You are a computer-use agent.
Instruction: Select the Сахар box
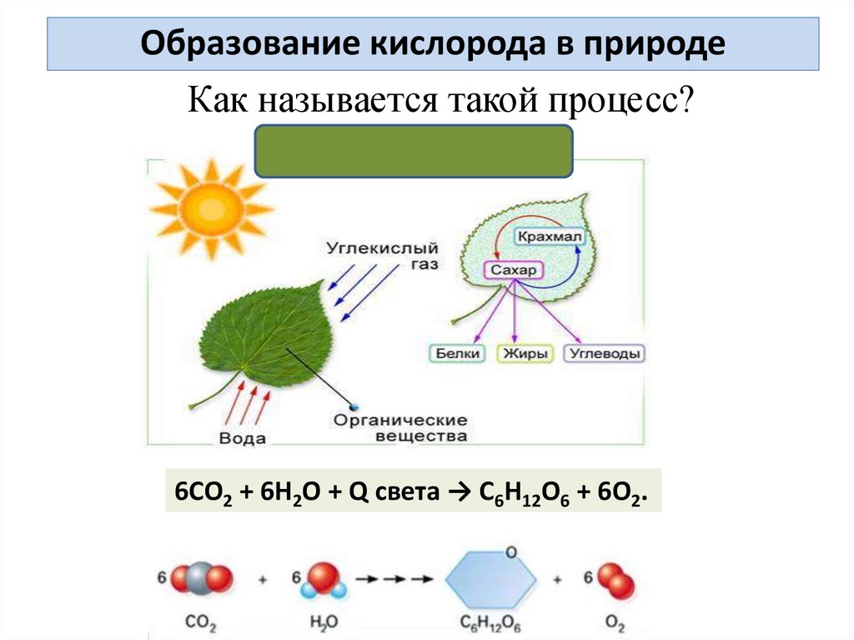click(x=514, y=270)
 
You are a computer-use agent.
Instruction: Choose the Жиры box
click(x=526, y=354)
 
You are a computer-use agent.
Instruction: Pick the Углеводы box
click(x=606, y=354)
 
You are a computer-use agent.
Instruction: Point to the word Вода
click(x=243, y=437)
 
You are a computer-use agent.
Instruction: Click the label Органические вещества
click(x=399, y=428)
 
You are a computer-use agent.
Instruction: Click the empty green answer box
click(x=413, y=151)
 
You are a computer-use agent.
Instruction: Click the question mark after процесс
click(x=689, y=102)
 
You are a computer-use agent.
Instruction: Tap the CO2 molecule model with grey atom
click(x=201, y=578)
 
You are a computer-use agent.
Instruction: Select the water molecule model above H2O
click(x=321, y=581)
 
